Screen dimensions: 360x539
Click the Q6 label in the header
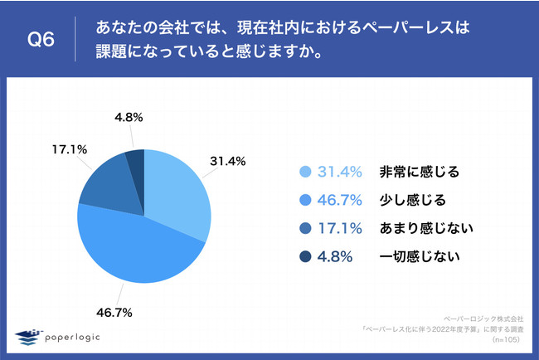point(41,39)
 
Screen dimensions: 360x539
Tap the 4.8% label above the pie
point(126,117)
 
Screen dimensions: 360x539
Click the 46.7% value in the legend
point(340,200)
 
